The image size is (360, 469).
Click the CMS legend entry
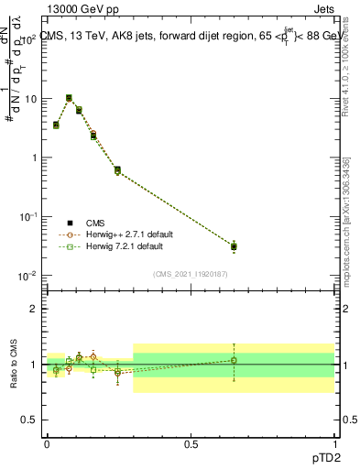pyautogui.click(x=95, y=223)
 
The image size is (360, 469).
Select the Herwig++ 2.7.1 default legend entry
pyautogui.click(x=123, y=234)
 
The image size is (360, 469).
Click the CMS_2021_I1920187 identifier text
pyautogui.click(x=190, y=273)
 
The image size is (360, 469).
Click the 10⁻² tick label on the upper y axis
pyautogui.click(x=27, y=276)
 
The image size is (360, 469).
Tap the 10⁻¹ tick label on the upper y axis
pyautogui.click(x=27, y=217)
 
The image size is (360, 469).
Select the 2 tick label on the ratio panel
pyautogui.click(x=36, y=309)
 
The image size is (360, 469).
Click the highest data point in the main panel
pyautogui.click(x=70, y=98)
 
